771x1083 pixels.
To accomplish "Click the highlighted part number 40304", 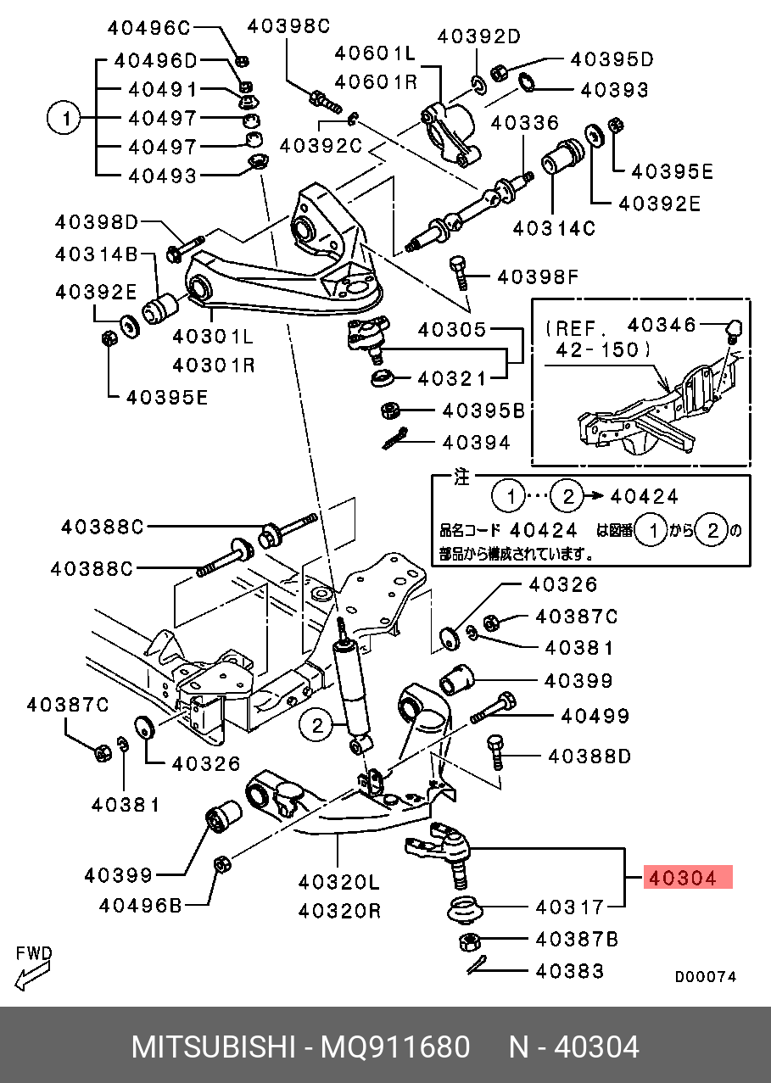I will click(x=682, y=879).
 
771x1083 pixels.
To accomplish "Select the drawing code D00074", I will click(x=705, y=977).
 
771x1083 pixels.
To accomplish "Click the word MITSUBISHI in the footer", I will click(x=212, y=1047).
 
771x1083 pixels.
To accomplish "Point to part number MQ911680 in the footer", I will click(x=394, y=1047).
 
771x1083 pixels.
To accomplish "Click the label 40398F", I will click(x=537, y=276).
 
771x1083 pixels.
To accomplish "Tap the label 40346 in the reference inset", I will click(x=662, y=325).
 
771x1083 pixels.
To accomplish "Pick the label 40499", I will click(x=595, y=717).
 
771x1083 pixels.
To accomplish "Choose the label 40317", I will click(x=570, y=907).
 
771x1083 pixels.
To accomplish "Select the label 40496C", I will click(x=149, y=28).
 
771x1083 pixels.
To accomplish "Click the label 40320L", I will click(x=338, y=883).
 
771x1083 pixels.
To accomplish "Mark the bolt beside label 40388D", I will click(x=495, y=752).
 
